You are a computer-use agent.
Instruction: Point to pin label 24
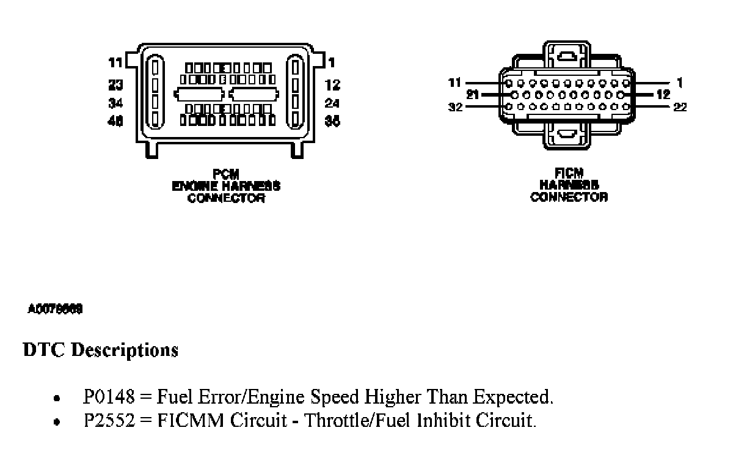(332, 103)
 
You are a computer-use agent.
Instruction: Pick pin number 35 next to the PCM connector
(332, 121)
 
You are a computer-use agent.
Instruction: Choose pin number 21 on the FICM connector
(472, 95)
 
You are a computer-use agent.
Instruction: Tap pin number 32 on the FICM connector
(455, 107)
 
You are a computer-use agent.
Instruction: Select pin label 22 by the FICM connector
(680, 107)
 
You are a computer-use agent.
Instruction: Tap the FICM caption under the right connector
(569, 174)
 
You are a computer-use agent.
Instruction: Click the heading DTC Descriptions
(100, 350)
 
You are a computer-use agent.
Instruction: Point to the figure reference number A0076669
(55, 309)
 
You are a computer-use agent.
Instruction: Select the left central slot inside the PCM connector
(199, 94)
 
